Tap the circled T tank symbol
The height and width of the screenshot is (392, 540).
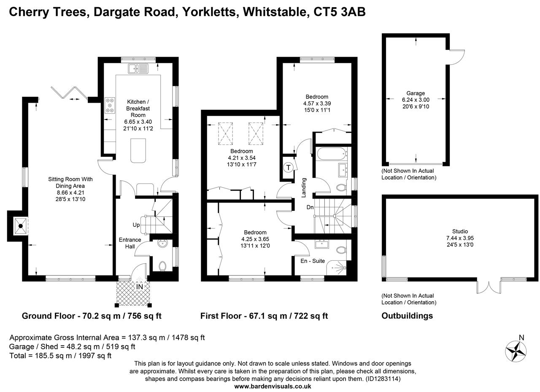tap(289, 168)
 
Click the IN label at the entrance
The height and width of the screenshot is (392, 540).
tap(139, 287)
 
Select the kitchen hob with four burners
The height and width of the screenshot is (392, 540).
tap(110, 105)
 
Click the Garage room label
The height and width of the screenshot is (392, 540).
tap(416, 93)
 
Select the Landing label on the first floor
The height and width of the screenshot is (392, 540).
tap(303, 187)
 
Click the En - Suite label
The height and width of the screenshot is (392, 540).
tap(313, 261)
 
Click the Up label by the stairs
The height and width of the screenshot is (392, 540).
tap(136, 225)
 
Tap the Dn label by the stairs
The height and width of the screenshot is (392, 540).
tap(310, 207)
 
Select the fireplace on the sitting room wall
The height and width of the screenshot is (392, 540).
tap(19, 226)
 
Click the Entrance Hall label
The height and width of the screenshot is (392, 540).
tap(130, 243)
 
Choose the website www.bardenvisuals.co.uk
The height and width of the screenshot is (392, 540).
tap(273, 386)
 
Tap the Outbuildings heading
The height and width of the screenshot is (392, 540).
tap(407, 316)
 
